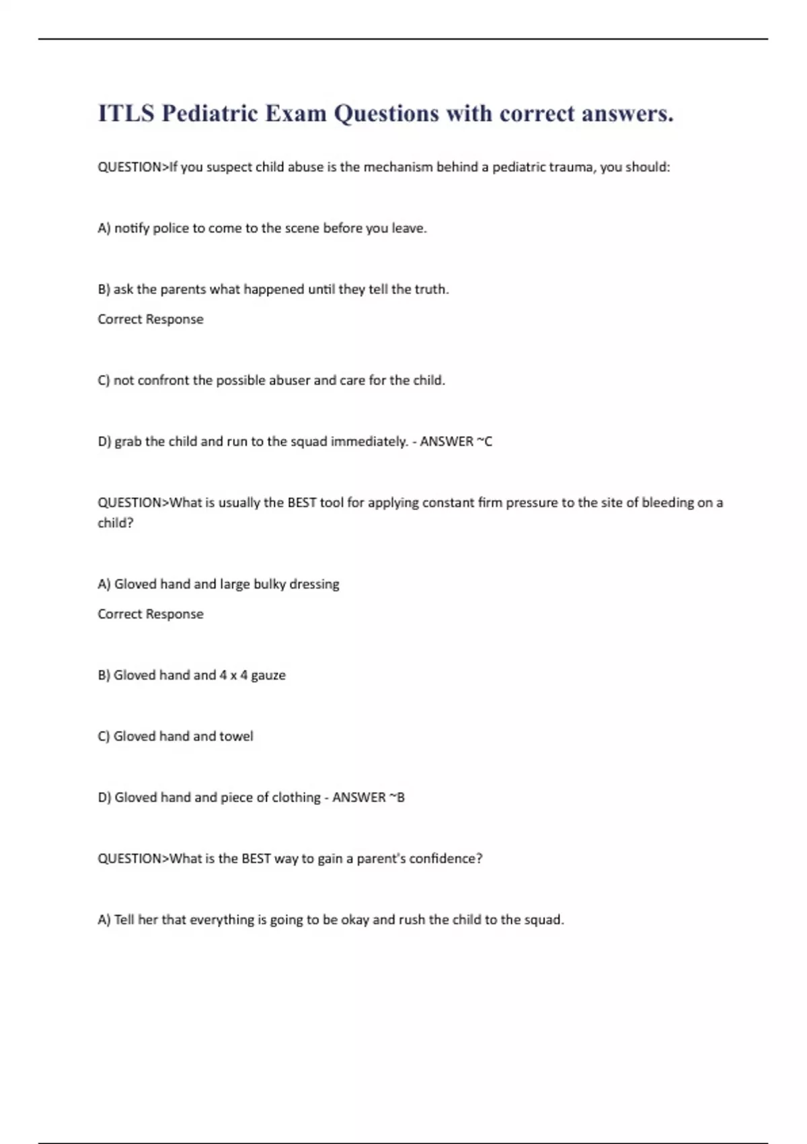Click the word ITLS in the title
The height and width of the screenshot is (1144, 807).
126,113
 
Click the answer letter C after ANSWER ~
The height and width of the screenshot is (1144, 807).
488,441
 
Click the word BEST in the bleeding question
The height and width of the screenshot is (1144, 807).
302,503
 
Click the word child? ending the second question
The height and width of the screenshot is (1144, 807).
116,523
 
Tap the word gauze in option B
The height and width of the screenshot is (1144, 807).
268,675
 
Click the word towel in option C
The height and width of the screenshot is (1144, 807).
236,736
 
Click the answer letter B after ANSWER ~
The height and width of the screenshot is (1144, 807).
401,797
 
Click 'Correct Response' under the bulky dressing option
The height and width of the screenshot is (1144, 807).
151,614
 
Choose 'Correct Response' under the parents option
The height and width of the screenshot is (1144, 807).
151,319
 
